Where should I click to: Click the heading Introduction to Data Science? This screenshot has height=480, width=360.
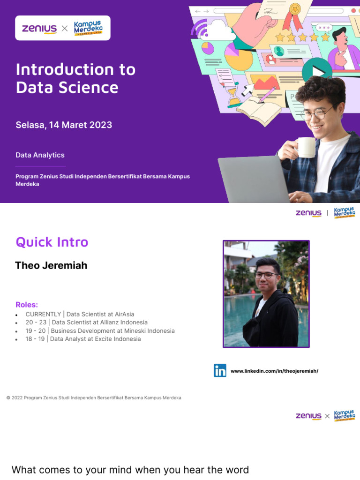(75, 78)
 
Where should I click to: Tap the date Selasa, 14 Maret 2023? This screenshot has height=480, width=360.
(64, 125)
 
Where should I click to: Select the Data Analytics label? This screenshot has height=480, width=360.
(40, 155)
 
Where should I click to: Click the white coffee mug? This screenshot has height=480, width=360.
(305, 147)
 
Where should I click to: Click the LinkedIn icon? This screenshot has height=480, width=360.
(220, 370)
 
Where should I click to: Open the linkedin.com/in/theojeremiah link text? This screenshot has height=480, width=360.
(274, 371)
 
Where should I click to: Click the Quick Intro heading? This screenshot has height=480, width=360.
(52, 242)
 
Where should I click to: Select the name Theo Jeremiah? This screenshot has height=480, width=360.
(51, 265)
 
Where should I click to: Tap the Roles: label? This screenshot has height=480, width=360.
(27, 305)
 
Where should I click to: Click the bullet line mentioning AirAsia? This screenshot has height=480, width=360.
(80, 314)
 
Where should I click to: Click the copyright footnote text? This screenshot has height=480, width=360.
(94, 397)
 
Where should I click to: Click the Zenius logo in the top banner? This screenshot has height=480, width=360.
(39, 29)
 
